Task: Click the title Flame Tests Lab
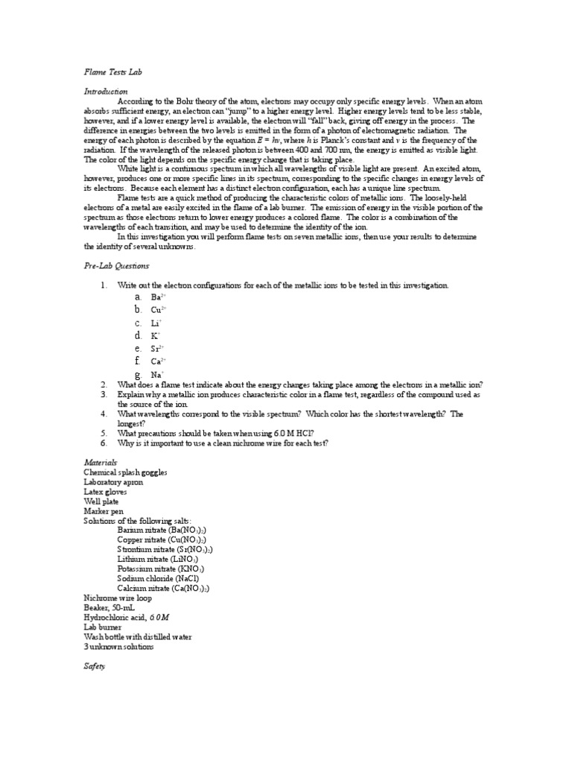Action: (112, 72)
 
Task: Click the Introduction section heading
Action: (107, 91)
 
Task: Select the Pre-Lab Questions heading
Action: (116, 266)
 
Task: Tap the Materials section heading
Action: (101, 463)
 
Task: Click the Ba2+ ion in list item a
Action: (158, 297)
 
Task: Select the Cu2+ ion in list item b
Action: (158, 309)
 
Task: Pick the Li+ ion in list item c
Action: (156, 323)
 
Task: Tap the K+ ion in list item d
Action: (156, 335)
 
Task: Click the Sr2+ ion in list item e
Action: (157, 348)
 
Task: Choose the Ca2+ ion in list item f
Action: (158, 361)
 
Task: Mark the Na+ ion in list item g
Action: (157, 374)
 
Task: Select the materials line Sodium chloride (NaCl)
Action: (158, 578)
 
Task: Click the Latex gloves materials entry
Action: (105, 492)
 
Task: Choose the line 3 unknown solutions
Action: (119, 647)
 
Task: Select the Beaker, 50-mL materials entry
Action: (111, 607)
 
